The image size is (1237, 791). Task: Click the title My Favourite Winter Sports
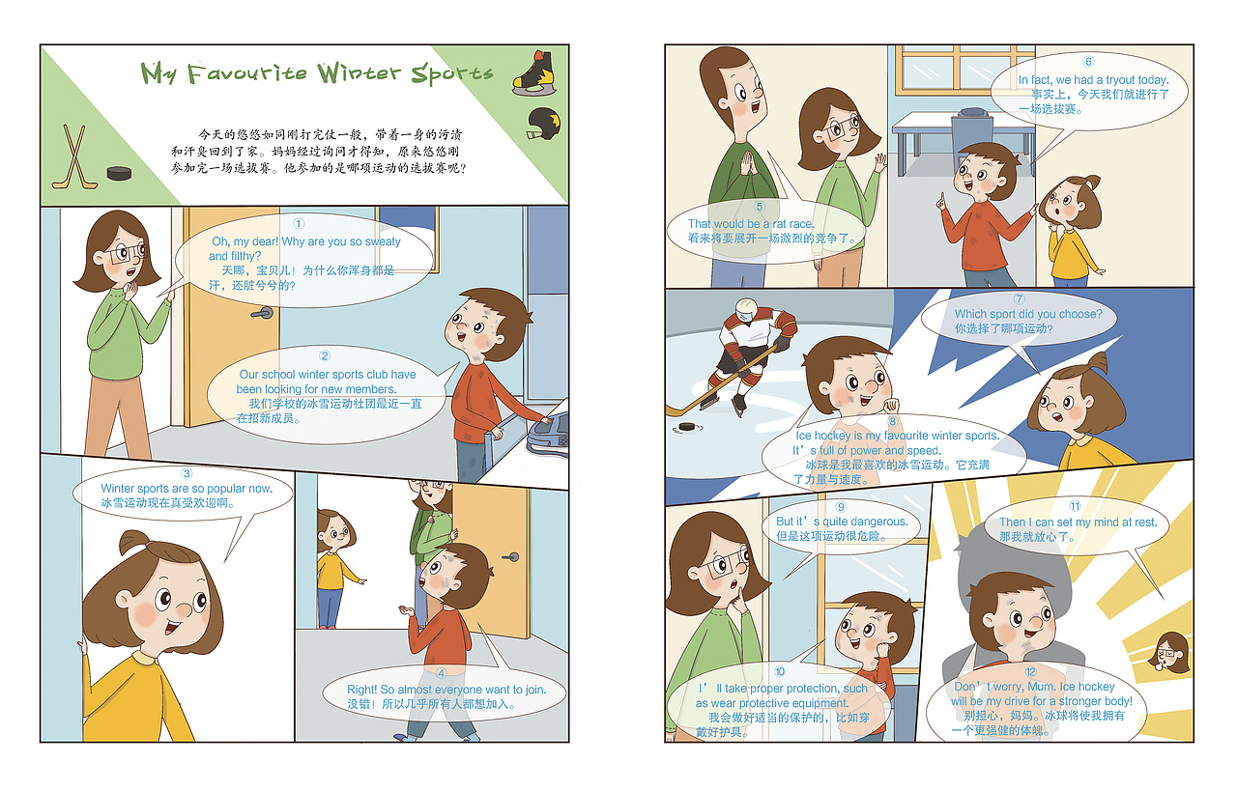(317, 73)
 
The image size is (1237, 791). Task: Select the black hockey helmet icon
(544, 123)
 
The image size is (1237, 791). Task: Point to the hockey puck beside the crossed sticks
(119, 174)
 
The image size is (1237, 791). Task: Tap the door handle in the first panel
(261, 312)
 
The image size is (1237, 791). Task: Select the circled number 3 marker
(187, 473)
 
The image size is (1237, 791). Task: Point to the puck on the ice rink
(686, 425)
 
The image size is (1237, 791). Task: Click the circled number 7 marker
(1019, 299)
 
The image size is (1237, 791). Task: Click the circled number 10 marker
(780, 672)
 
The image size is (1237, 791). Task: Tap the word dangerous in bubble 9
(879, 522)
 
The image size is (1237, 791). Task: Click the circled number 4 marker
(442, 673)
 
